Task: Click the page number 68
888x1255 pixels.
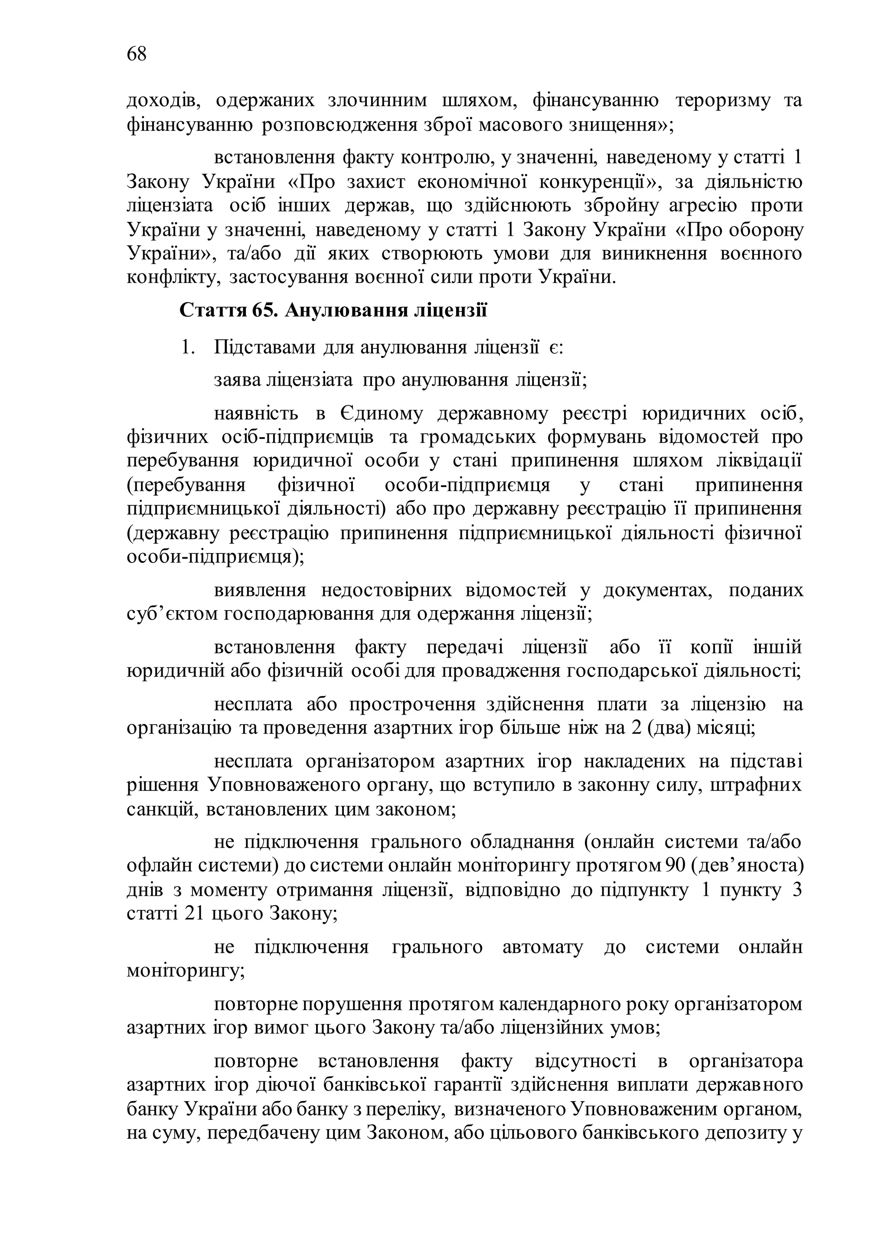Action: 137,54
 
